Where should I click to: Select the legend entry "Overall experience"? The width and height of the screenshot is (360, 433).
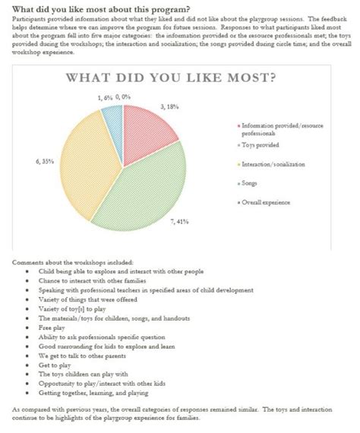[267, 202]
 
